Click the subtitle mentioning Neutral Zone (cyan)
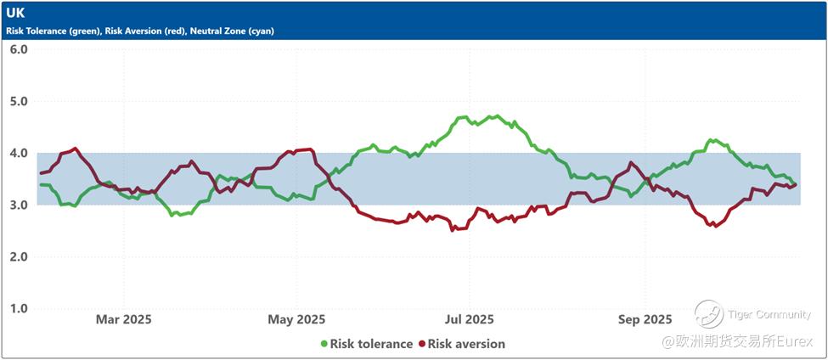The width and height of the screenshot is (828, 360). pyautogui.click(x=140, y=31)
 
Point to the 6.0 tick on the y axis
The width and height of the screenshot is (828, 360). pyautogui.click(x=19, y=49)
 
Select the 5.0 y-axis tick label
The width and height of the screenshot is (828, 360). pyautogui.click(x=19, y=101)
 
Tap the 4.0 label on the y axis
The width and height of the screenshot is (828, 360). pyautogui.click(x=19, y=153)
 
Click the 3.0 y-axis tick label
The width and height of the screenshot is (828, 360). pyautogui.click(x=19, y=205)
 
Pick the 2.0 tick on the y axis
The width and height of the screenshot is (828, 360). pyautogui.click(x=19, y=256)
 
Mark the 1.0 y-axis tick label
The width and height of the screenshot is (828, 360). pyautogui.click(x=19, y=308)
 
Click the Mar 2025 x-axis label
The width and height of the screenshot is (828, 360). pyautogui.click(x=124, y=319)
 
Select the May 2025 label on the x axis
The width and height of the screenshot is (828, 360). pyautogui.click(x=296, y=319)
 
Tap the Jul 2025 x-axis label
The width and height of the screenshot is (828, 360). pyautogui.click(x=469, y=319)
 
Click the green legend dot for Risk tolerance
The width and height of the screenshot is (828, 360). pyautogui.click(x=324, y=344)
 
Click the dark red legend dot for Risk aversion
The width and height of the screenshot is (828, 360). pyautogui.click(x=421, y=344)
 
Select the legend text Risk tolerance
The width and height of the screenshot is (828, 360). pyautogui.click(x=371, y=344)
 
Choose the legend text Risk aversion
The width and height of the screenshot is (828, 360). pyautogui.click(x=466, y=344)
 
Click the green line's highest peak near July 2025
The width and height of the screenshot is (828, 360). pyautogui.click(x=492, y=116)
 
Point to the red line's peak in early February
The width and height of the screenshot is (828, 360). pyautogui.click(x=76, y=149)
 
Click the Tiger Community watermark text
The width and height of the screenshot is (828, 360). pyautogui.click(x=769, y=315)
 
